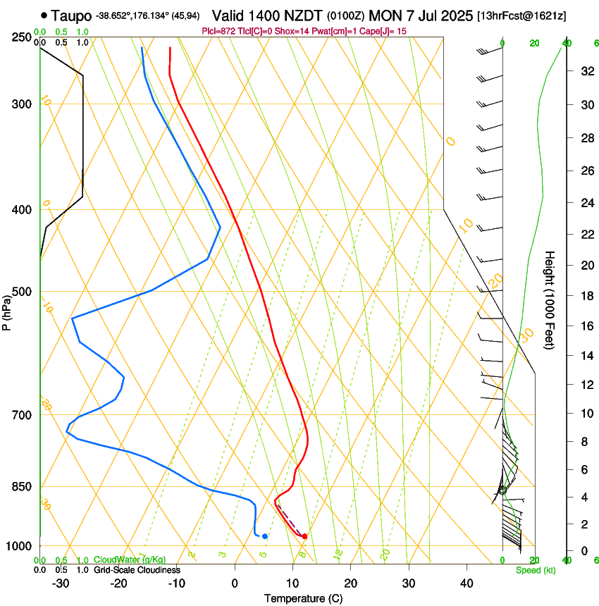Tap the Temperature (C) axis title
point(304,598)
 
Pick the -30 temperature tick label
point(61,583)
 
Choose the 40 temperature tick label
point(466,583)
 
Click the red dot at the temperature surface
point(304,537)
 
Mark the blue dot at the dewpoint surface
point(265,536)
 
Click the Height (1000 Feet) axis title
point(550,299)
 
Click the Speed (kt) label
point(535,570)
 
